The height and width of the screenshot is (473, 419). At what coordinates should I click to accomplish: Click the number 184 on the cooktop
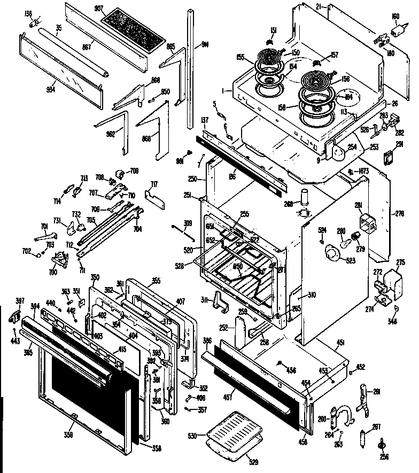pyautogui.click(x=349, y=97)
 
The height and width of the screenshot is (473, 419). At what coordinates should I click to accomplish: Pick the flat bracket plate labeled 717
pyautogui.click(x=153, y=198)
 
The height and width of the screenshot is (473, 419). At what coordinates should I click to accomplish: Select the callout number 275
pyautogui.click(x=400, y=262)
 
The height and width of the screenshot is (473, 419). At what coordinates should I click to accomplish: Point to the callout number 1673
pyautogui.click(x=363, y=170)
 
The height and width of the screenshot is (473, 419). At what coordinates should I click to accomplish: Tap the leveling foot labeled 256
pyautogui.click(x=383, y=444)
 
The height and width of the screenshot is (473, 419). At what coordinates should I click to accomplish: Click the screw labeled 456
pyautogui.click(x=280, y=363)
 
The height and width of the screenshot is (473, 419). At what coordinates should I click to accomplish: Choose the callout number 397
pyautogui.click(x=19, y=301)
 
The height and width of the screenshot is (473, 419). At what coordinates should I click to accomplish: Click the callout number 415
pyautogui.click(x=122, y=350)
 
